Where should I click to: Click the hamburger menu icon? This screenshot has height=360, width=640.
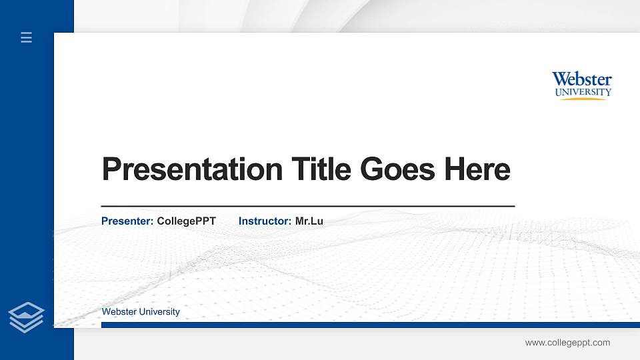(26, 37)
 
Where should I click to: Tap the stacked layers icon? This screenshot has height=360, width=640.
(26, 317)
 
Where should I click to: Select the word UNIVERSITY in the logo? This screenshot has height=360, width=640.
(583, 92)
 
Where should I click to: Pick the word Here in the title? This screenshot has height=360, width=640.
(477, 169)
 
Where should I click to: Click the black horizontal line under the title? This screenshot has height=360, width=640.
(307, 207)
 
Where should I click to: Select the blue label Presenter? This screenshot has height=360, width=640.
(127, 221)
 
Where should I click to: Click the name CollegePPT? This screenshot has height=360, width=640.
(186, 221)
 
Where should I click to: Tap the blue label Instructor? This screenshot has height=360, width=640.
(265, 221)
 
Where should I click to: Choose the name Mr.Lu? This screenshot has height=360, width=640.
(309, 221)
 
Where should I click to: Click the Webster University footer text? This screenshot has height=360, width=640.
(141, 311)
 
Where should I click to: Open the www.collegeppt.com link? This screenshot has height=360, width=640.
(567, 343)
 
